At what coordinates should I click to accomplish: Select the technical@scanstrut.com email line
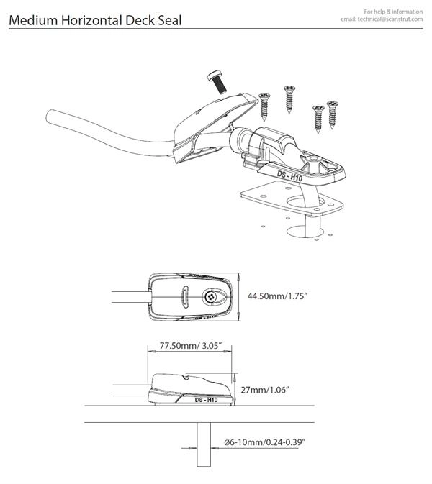pyautogui.click(x=383, y=19)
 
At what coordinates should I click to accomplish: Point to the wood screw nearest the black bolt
pyautogui.click(x=264, y=104)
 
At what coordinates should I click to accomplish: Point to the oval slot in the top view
pyautogui.click(x=184, y=295)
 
